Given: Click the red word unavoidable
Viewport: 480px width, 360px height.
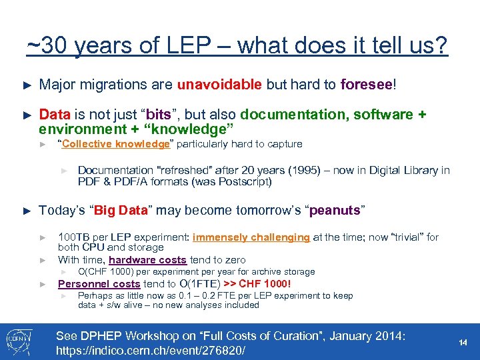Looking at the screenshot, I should pyautogui.click(x=219, y=85).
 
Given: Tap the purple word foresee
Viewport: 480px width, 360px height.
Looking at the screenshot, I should pyautogui.click(x=366, y=85).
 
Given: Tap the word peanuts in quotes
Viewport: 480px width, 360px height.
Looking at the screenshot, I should pyautogui.click(x=335, y=211).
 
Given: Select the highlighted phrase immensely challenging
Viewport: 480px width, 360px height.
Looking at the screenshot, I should pyautogui.click(x=251, y=237).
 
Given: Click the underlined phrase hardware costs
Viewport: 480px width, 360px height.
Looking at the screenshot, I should pyautogui.click(x=147, y=260).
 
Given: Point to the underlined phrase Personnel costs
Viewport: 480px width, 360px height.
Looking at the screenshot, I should pyautogui.click(x=99, y=283).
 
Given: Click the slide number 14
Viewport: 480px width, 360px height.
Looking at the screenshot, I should pyautogui.click(x=463, y=341).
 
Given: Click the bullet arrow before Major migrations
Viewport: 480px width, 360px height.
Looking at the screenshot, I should pyautogui.click(x=27, y=85).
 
